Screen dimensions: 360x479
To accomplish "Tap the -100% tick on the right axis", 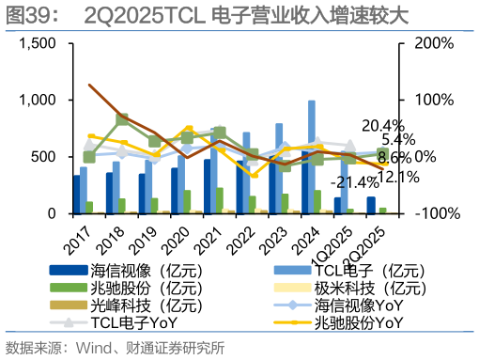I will point(436,213).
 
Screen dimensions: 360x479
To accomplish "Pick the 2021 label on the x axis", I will point(210,233).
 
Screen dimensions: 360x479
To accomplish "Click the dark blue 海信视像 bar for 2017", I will point(76,194).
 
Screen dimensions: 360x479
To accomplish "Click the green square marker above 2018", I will point(122,120).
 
